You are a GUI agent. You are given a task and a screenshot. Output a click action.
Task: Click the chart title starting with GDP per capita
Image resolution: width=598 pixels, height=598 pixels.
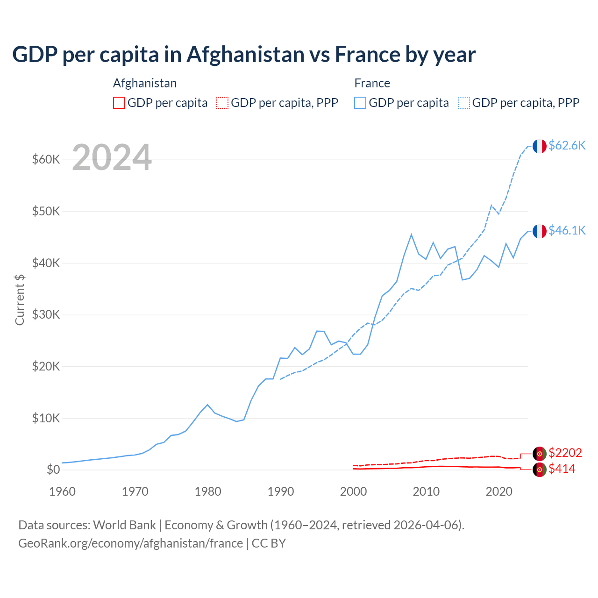[243, 55]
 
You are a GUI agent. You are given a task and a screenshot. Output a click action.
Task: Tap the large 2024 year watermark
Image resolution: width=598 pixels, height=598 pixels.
[112, 158]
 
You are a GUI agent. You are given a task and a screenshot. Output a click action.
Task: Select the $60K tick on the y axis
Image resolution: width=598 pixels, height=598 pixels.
[46, 160]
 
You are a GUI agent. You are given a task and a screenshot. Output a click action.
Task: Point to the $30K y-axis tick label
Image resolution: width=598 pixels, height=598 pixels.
[46, 315]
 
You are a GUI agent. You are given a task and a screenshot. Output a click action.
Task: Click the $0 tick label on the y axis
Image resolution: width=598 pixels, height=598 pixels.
[53, 470]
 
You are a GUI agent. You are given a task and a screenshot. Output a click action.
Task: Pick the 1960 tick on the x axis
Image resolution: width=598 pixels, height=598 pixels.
[63, 491]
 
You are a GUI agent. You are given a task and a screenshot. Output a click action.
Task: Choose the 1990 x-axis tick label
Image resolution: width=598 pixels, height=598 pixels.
[281, 491]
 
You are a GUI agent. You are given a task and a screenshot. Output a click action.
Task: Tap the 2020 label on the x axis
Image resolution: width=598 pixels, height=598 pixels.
[499, 491]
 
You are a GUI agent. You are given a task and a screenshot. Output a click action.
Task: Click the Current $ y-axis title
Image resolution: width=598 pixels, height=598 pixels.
[20, 299]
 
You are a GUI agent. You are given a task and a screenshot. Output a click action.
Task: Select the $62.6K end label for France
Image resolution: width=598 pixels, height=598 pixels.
[567, 145]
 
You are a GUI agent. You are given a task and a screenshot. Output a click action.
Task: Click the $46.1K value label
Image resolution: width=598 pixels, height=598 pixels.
[567, 230]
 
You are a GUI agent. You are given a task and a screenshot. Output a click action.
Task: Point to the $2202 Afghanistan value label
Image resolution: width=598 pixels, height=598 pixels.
[565, 453]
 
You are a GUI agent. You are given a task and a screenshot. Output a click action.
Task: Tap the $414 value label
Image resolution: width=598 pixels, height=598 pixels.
[562, 469]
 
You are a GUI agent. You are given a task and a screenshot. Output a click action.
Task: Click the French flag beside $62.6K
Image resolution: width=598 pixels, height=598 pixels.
[540, 146]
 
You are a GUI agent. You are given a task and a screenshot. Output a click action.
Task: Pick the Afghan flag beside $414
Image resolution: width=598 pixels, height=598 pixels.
[540, 470]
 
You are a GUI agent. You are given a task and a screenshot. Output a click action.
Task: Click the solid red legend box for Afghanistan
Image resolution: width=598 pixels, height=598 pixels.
[119, 103]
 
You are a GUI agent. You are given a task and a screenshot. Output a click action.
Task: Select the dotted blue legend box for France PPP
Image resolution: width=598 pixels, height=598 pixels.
[464, 103]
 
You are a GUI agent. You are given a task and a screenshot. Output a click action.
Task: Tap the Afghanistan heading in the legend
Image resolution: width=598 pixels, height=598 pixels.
[145, 83]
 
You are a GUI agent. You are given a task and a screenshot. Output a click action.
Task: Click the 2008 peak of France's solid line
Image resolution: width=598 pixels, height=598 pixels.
[411, 235]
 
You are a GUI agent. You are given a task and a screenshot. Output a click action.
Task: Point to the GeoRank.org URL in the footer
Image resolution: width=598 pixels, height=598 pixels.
[130, 543]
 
